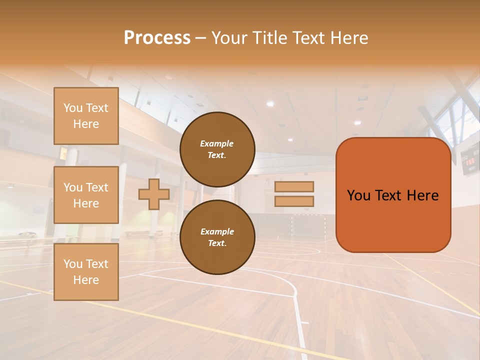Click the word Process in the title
[x=157, y=38]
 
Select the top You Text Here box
[x=86, y=116]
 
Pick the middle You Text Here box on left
[x=86, y=195]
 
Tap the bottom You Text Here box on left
[x=86, y=272]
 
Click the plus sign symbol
[x=153, y=194]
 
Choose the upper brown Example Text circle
[x=217, y=149]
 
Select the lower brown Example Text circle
[x=217, y=237]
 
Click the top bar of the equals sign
[x=294, y=186]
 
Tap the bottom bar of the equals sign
[x=294, y=201]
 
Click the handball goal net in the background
[x=308, y=225]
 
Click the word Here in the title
[x=350, y=38]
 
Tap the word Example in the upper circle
[x=217, y=143]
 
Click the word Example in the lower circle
[x=217, y=231]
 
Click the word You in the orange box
[x=359, y=195]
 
